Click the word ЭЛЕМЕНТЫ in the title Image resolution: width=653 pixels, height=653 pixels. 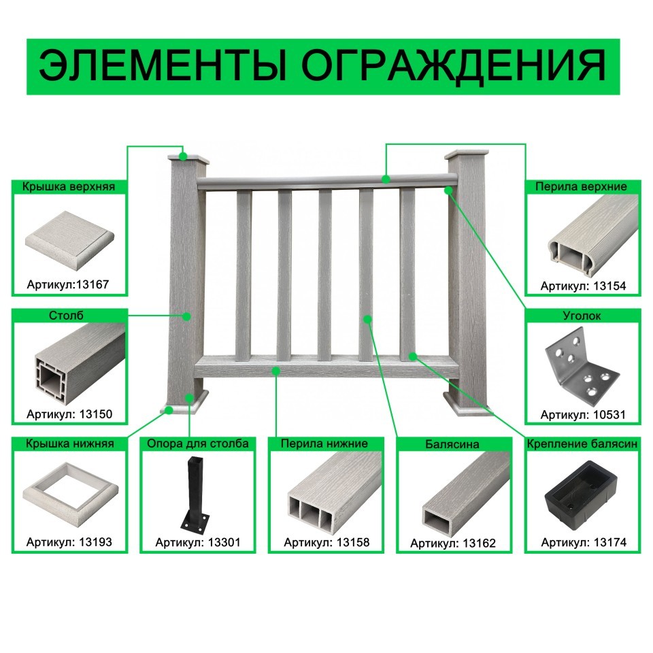[163, 66]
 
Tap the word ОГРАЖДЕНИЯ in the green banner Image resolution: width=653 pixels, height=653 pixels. [454, 67]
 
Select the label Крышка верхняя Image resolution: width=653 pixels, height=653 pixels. [69, 186]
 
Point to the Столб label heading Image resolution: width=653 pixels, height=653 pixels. [66, 315]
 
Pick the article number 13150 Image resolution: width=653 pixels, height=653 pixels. [96, 414]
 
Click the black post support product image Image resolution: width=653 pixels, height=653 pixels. [194, 495]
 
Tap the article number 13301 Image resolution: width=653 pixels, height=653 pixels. [224, 542]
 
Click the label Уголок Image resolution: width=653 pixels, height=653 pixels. [582, 316]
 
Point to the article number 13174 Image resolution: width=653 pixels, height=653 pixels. [610, 542]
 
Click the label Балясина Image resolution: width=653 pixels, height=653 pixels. [452, 444]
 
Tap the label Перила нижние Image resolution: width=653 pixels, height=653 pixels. [324, 443]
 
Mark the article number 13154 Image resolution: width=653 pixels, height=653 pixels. [609, 286]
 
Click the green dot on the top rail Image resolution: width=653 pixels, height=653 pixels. [386, 179]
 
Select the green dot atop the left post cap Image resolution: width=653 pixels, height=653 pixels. [183, 156]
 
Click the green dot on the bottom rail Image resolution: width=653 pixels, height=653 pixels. [275, 371]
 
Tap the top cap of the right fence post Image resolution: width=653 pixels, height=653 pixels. [467, 154]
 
